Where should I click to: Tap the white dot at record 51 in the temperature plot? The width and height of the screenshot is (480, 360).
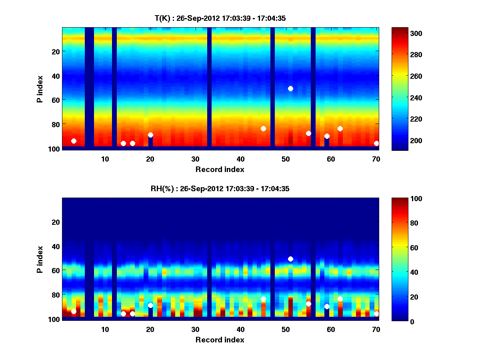click(x=290, y=88)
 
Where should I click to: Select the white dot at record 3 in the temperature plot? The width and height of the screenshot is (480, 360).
click(x=74, y=141)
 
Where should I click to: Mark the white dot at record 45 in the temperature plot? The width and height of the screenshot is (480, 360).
click(x=263, y=128)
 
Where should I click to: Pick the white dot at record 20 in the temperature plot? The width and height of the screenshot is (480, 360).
click(x=150, y=135)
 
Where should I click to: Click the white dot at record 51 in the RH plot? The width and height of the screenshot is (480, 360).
click(x=290, y=259)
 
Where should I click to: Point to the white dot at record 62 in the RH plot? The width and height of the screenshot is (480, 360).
click(x=340, y=299)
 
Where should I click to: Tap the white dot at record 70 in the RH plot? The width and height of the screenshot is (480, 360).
click(x=376, y=314)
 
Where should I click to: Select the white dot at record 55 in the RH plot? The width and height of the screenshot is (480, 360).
click(x=308, y=304)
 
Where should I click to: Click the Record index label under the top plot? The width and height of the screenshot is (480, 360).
click(x=220, y=170)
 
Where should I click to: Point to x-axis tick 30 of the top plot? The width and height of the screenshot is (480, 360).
click(x=195, y=158)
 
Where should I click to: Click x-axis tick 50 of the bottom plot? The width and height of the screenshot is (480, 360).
click(x=286, y=329)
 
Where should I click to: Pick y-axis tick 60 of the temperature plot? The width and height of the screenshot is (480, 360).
click(x=55, y=100)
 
